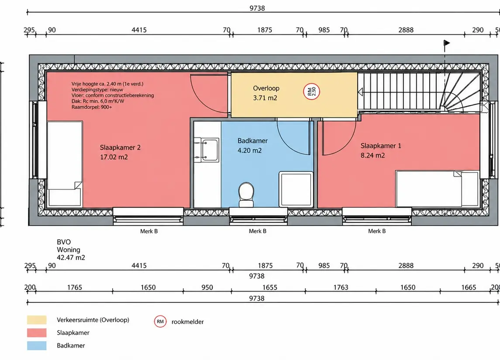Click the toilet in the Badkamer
click(x=246, y=194)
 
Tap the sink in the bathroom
click(x=206, y=150)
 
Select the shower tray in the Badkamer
click(x=296, y=189)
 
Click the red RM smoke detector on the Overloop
click(x=311, y=92)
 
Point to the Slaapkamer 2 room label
click(x=120, y=147)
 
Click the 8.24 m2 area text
click(x=373, y=155)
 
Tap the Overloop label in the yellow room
click(x=266, y=88)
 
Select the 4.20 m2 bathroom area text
click(x=250, y=151)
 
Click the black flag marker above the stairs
click(x=447, y=43)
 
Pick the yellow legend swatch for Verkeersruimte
click(x=37, y=320)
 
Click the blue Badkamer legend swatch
click(x=37, y=346)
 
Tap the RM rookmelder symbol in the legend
click(x=160, y=322)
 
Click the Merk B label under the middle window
click(x=258, y=231)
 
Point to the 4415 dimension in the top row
click(x=139, y=30)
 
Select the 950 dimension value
click(x=207, y=288)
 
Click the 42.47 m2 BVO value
click(x=71, y=257)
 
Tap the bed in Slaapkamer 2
click(x=65, y=164)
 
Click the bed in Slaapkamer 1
click(x=438, y=189)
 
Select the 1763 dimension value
click(x=341, y=288)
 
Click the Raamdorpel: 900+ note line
click(x=92, y=107)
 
